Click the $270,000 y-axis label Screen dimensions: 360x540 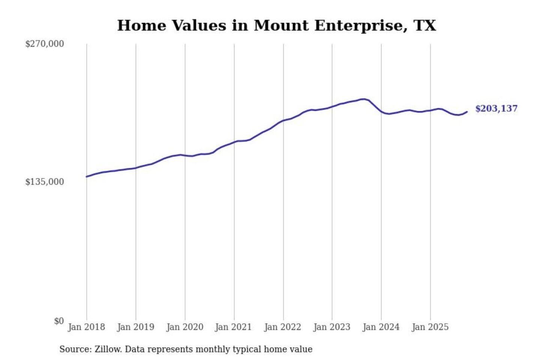click(x=45, y=44)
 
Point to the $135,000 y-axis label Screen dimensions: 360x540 click(x=45, y=182)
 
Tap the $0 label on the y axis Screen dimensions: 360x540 click(x=59, y=321)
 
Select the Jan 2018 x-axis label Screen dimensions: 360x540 click(x=86, y=327)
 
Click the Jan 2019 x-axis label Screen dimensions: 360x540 click(x=135, y=327)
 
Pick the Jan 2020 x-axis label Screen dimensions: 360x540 click(x=184, y=327)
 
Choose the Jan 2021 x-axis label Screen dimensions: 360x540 click(x=233, y=327)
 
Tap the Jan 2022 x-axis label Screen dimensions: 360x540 click(x=282, y=327)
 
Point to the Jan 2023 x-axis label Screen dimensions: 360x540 click(x=331, y=327)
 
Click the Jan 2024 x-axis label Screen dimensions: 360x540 click(x=381, y=327)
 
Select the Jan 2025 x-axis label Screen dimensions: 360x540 click(x=430, y=327)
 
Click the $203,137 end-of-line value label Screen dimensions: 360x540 click(x=496, y=109)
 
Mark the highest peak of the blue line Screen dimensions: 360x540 click(x=363, y=99)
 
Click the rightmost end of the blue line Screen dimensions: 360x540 click(x=467, y=111)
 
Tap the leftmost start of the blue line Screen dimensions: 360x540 click(x=87, y=177)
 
